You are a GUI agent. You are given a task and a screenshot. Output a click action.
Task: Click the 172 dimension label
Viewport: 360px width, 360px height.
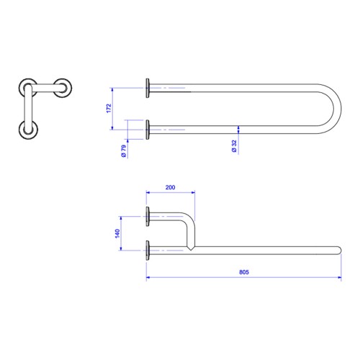point(109,109)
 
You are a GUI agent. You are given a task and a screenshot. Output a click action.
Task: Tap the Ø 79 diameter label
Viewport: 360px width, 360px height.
point(124,150)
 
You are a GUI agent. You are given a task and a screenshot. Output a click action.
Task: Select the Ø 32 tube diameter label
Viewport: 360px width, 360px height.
point(234,146)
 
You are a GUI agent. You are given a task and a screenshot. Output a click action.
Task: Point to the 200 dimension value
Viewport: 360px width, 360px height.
point(170,187)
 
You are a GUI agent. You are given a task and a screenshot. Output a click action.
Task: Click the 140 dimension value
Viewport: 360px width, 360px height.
point(117,233)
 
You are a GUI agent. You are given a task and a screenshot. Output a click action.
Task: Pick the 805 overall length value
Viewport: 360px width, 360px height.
point(244,272)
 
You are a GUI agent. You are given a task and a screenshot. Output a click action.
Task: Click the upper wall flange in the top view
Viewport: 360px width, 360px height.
point(148,88)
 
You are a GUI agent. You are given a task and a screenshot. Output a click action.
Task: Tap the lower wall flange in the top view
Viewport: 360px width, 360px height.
point(148,130)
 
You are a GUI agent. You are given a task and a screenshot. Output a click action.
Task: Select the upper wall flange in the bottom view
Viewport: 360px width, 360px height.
point(148,216)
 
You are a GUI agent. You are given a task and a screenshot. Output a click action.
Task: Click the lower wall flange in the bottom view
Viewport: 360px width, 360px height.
point(148,251)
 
